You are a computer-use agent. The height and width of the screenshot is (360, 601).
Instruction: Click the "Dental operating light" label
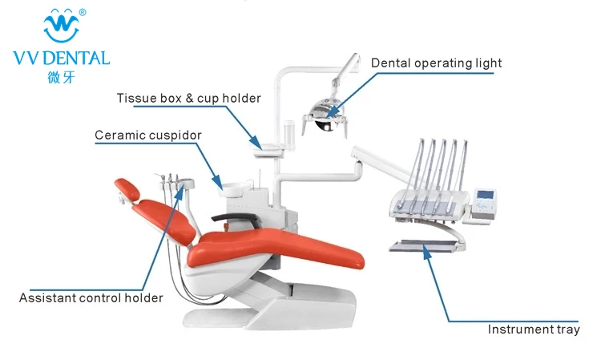point(436,63)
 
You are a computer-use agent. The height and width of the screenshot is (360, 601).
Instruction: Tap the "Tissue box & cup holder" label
point(188,99)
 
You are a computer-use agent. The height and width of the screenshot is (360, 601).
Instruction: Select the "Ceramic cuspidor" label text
point(147,135)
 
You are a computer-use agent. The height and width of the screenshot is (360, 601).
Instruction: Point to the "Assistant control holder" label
point(91,298)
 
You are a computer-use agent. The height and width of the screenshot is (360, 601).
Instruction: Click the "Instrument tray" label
point(534,330)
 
